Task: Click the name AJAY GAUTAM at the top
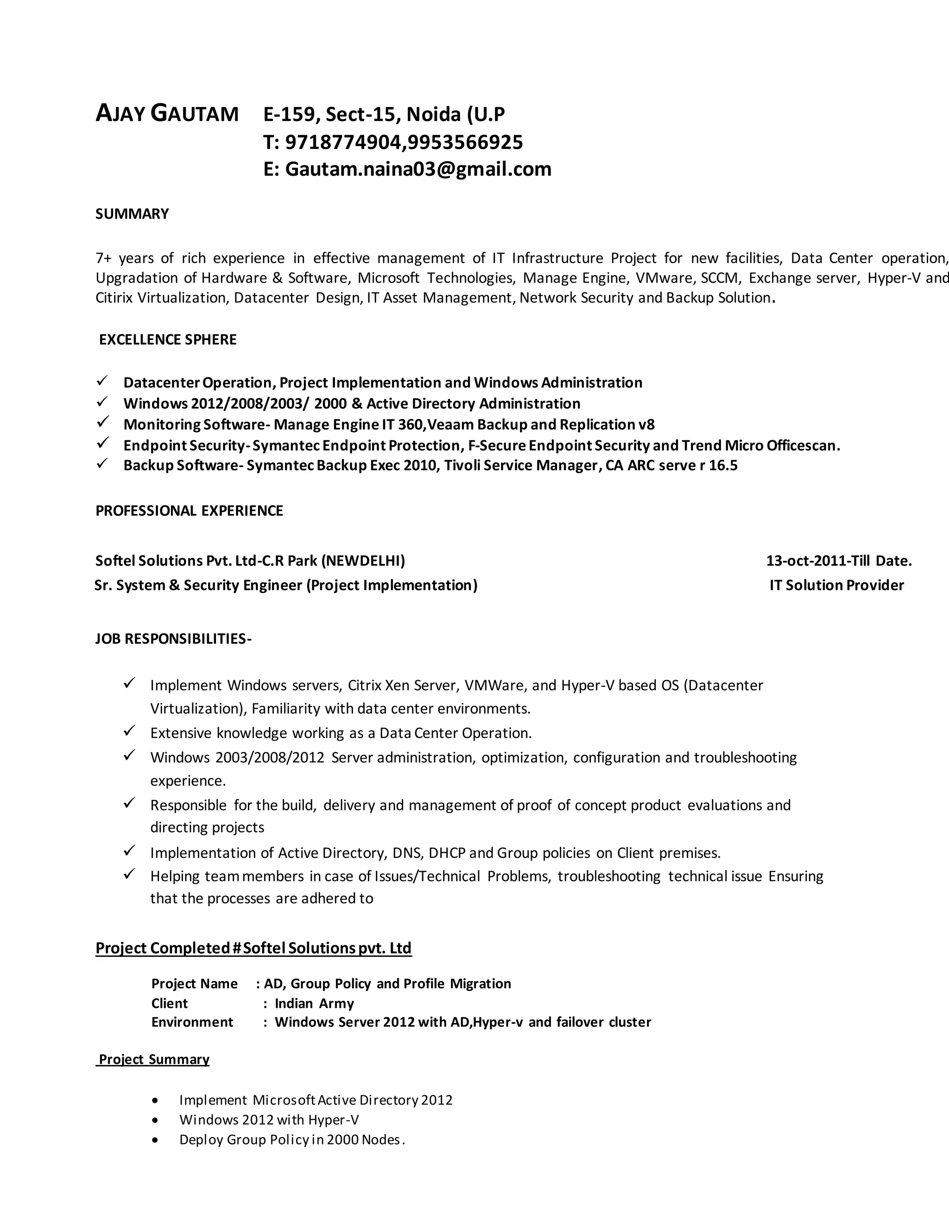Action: (x=167, y=114)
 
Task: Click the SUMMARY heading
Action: (x=132, y=214)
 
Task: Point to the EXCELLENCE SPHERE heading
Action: (x=168, y=340)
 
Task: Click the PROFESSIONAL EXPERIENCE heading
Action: (x=189, y=511)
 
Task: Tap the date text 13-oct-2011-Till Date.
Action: (x=839, y=561)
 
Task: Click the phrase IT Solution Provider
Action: (x=836, y=585)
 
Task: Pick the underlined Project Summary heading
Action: (x=154, y=1059)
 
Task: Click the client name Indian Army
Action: (x=314, y=1003)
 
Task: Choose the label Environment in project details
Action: (x=192, y=1022)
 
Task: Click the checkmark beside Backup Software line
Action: (x=102, y=464)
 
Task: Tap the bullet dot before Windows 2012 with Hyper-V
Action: (x=155, y=1120)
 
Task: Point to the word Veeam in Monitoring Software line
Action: (x=450, y=424)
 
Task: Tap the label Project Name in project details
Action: (x=194, y=983)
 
